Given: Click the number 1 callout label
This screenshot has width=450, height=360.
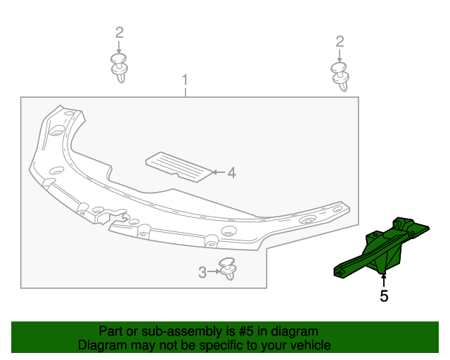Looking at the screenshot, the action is point(185,79).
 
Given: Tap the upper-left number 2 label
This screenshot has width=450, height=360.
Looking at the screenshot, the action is point(120,32).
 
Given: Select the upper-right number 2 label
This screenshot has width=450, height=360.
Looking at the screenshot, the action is point(340,41).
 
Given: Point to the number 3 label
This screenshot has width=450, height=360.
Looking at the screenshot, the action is point(202,272).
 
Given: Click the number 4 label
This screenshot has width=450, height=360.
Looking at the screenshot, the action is point(231,172).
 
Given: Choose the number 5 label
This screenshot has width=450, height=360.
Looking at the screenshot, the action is point(384,297).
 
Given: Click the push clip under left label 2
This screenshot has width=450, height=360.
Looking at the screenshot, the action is point(120,67).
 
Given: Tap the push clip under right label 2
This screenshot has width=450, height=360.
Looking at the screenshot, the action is point(340,76).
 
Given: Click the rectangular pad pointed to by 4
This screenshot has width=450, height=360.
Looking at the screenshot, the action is point(179,166).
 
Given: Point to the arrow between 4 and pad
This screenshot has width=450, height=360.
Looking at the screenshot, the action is point(217,172).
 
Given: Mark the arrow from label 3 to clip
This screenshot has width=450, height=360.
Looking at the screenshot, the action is point(213,271).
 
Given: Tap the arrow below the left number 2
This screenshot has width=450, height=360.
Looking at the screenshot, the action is point(120,46).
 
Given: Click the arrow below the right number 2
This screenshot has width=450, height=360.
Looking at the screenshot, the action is point(340,55).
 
